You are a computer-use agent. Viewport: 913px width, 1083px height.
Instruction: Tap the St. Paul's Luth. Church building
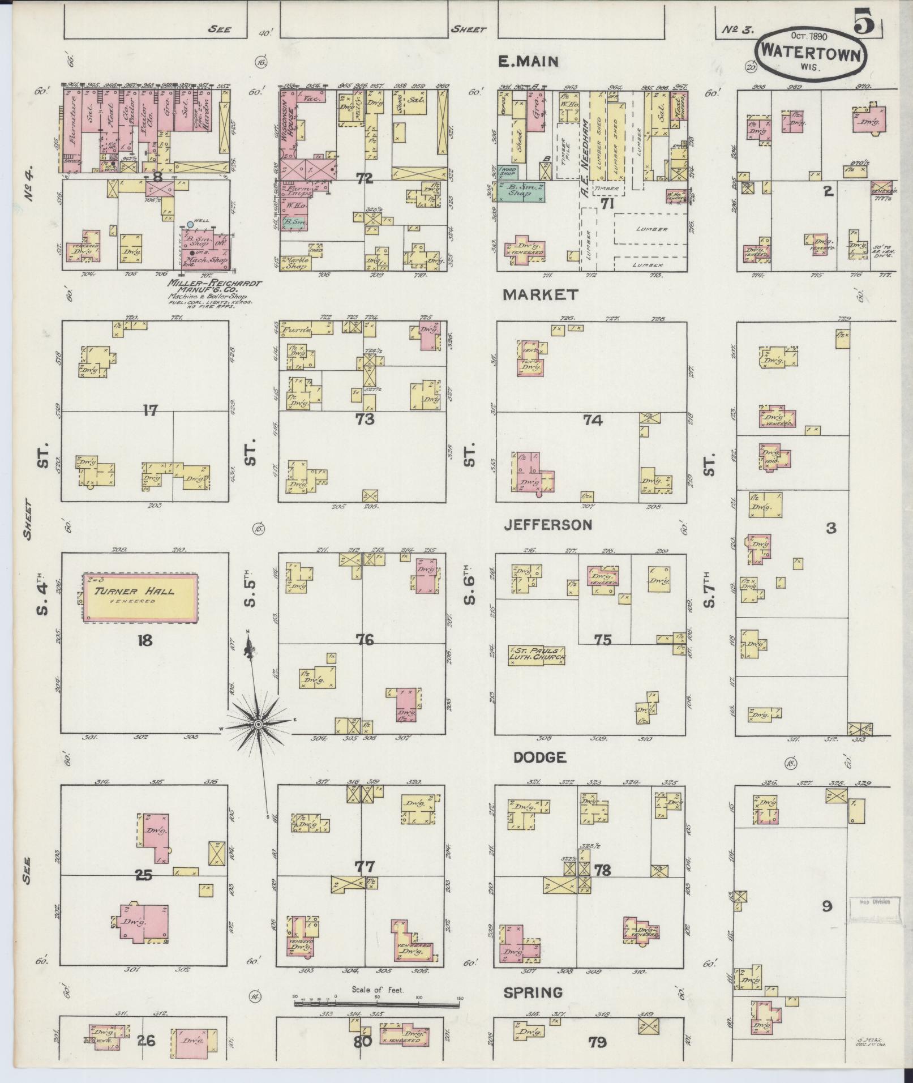(x=537, y=654)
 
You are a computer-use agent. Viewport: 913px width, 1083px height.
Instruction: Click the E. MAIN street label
(x=528, y=62)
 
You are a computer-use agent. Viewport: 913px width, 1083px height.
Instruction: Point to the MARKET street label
(x=541, y=294)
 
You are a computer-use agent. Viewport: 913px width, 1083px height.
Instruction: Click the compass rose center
(x=258, y=724)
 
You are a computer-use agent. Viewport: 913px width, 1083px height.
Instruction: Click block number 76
(x=365, y=640)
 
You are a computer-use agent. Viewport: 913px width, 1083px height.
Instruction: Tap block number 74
(x=593, y=419)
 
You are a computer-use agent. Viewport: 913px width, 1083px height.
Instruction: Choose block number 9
(x=827, y=906)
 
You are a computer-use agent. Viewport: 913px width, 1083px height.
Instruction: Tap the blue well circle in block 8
(x=190, y=224)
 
